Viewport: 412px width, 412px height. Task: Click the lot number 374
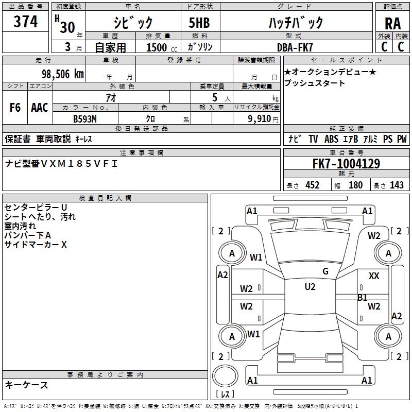click(x=26, y=22)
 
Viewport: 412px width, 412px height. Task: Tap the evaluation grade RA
click(x=392, y=24)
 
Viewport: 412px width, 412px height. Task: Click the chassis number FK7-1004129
click(x=346, y=164)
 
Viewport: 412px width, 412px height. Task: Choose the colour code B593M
click(x=85, y=118)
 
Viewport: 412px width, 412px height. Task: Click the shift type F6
click(x=15, y=108)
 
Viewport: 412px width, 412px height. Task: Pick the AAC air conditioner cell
click(x=40, y=108)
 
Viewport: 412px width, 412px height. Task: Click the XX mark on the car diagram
click(x=374, y=277)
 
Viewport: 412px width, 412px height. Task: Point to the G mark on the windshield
click(x=325, y=271)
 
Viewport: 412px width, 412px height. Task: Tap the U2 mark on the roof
click(x=310, y=287)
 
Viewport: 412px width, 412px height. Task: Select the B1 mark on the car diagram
click(x=363, y=297)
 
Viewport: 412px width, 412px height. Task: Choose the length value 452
click(x=312, y=185)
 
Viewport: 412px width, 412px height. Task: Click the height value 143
click(x=396, y=185)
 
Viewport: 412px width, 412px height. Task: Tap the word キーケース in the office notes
click(x=26, y=385)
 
